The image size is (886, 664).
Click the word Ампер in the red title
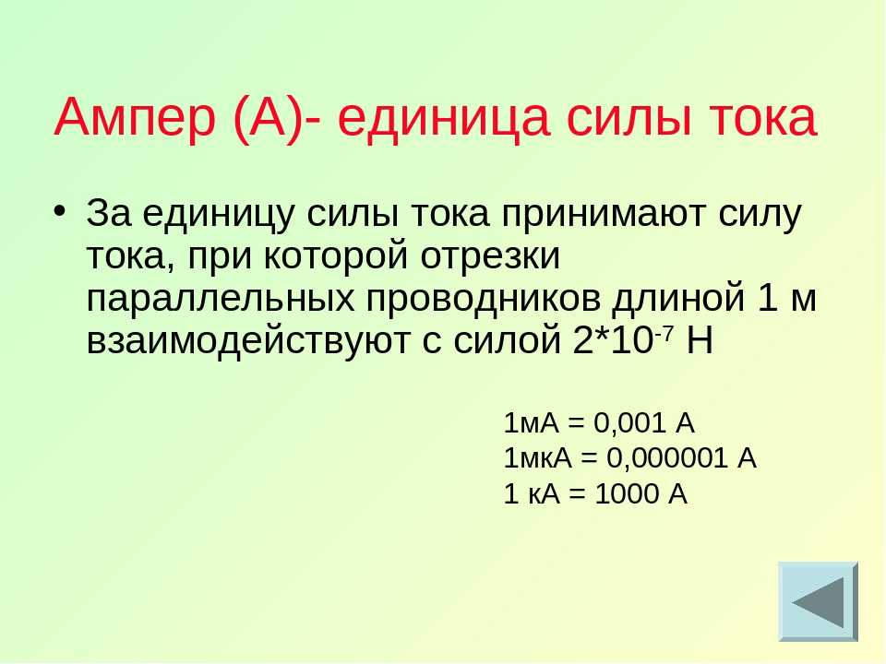click(x=135, y=117)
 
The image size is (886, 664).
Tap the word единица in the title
click(x=444, y=117)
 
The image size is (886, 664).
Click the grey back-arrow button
click(x=819, y=601)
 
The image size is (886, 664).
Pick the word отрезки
click(x=490, y=256)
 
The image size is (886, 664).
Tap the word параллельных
click(x=221, y=298)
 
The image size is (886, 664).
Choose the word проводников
click(x=483, y=298)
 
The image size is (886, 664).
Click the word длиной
click(x=678, y=298)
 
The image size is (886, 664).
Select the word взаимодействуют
click(x=248, y=340)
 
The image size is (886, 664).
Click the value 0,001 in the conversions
click(x=629, y=423)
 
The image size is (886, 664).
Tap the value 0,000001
click(x=666, y=458)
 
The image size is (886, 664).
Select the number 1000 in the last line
click(x=628, y=493)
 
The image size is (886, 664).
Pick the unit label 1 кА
click(x=532, y=493)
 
